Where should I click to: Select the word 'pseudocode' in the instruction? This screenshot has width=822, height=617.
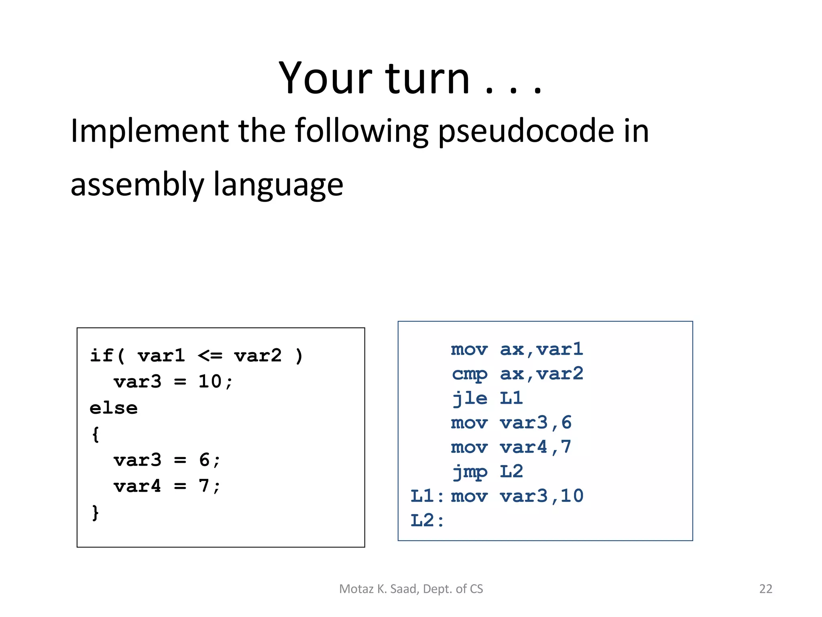(x=526, y=132)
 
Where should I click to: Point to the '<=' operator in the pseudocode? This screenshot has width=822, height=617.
(x=210, y=356)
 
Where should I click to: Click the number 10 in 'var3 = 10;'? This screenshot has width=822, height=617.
(x=210, y=382)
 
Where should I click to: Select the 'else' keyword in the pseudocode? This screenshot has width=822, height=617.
(x=114, y=408)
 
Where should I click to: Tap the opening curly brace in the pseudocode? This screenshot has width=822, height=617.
(x=96, y=434)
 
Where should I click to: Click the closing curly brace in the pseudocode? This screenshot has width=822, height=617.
(x=96, y=513)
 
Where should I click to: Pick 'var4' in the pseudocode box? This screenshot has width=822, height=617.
(x=137, y=486)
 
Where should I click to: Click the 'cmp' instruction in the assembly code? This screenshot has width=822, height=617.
(x=469, y=374)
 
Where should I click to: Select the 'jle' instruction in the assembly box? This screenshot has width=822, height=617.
(x=469, y=398)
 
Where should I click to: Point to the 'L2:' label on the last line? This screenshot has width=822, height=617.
(x=427, y=521)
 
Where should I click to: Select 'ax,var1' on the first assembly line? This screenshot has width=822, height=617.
(x=541, y=349)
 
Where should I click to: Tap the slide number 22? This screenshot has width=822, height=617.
(x=765, y=589)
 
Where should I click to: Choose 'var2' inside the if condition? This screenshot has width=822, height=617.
(x=258, y=356)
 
